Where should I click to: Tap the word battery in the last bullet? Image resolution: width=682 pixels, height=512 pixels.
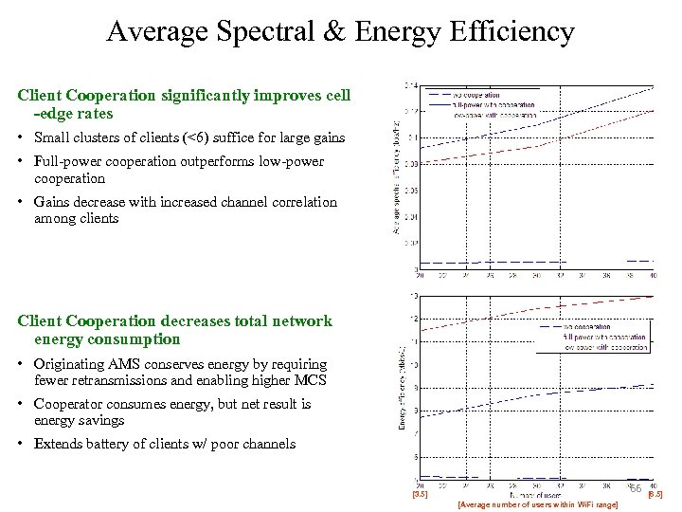[x=110, y=444]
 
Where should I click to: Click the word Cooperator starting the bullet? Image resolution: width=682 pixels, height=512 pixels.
[x=69, y=404]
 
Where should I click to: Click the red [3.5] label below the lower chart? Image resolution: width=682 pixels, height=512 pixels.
[x=420, y=494]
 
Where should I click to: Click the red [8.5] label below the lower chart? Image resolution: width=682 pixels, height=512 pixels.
[x=654, y=494]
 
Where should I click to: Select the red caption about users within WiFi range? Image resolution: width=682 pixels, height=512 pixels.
[x=537, y=504]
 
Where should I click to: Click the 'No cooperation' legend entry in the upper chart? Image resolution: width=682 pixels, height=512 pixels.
[x=477, y=95]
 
